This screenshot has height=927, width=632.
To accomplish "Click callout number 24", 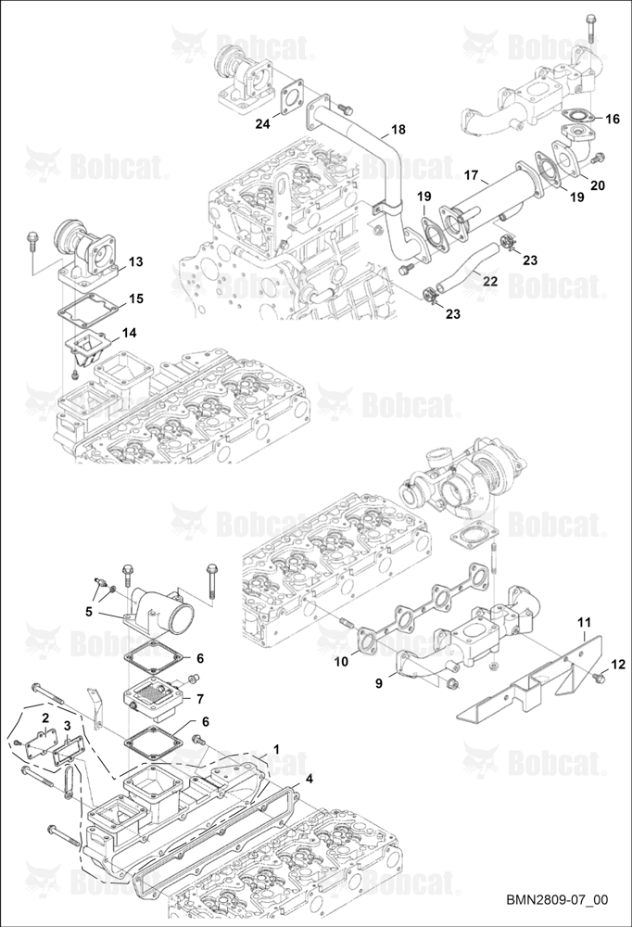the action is (262, 123).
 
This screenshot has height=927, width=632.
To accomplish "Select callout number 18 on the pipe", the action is (398, 129).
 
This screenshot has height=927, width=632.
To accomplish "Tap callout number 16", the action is (613, 119).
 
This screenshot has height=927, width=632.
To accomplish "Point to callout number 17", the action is (471, 175).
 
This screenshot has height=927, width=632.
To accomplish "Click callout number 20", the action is (598, 185).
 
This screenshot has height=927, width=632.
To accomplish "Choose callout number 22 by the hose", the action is (490, 282).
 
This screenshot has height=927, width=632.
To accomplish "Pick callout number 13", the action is (136, 261).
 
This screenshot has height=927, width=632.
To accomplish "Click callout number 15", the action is (136, 298).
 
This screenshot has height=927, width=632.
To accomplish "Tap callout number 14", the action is (129, 333).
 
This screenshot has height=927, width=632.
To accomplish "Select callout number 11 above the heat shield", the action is (584, 623).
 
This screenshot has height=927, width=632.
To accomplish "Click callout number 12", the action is (618, 665).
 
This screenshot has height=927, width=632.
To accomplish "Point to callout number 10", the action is (341, 662).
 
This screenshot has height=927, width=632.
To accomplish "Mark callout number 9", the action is (379, 683).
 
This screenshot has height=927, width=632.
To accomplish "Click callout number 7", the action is (200, 699).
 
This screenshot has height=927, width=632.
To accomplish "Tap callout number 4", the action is (309, 780).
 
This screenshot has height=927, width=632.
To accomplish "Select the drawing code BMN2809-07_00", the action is (556, 900).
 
